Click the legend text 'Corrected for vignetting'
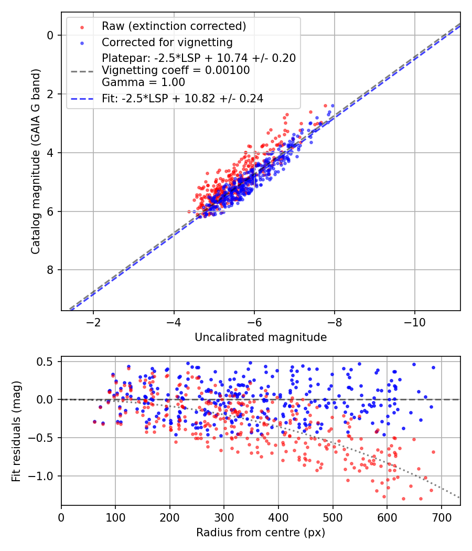[167, 42]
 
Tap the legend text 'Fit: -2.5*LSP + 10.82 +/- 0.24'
[183, 98]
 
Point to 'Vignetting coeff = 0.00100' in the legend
[176, 70]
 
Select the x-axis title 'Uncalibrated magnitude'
[261, 337]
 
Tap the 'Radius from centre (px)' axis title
[261, 533]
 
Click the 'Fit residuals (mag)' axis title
[17, 431]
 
